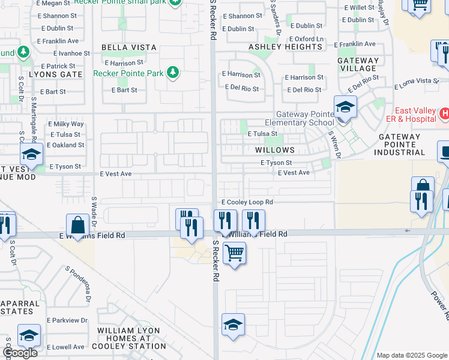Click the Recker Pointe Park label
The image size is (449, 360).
pos(129,73)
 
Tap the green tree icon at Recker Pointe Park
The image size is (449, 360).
pos(173,73)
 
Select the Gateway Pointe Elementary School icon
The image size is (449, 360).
pos(345,107)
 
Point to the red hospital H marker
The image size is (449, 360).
pos(444,113)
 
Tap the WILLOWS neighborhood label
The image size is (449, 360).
pos(275,150)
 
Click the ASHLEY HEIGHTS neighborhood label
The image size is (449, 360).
pos(286,47)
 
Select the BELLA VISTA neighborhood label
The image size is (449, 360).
pos(129,47)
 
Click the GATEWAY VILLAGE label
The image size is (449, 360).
pos(358,64)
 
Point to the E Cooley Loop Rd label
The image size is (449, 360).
pos(247,203)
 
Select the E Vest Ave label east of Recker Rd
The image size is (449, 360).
pos(294,173)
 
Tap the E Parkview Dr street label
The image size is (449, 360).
pos(67,320)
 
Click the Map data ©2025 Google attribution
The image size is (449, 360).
pos(412,355)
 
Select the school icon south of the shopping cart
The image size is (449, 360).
pos(233,325)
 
